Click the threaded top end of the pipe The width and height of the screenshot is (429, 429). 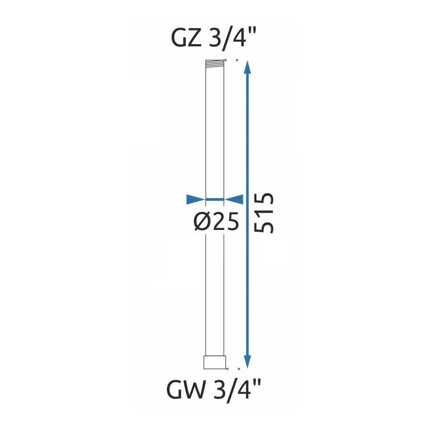(x=215, y=63)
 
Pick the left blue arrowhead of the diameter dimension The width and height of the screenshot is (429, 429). (x=196, y=199)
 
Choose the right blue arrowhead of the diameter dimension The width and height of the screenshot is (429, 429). (x=234, y=199)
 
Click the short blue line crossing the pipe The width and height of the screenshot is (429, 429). (x=215, y=199)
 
